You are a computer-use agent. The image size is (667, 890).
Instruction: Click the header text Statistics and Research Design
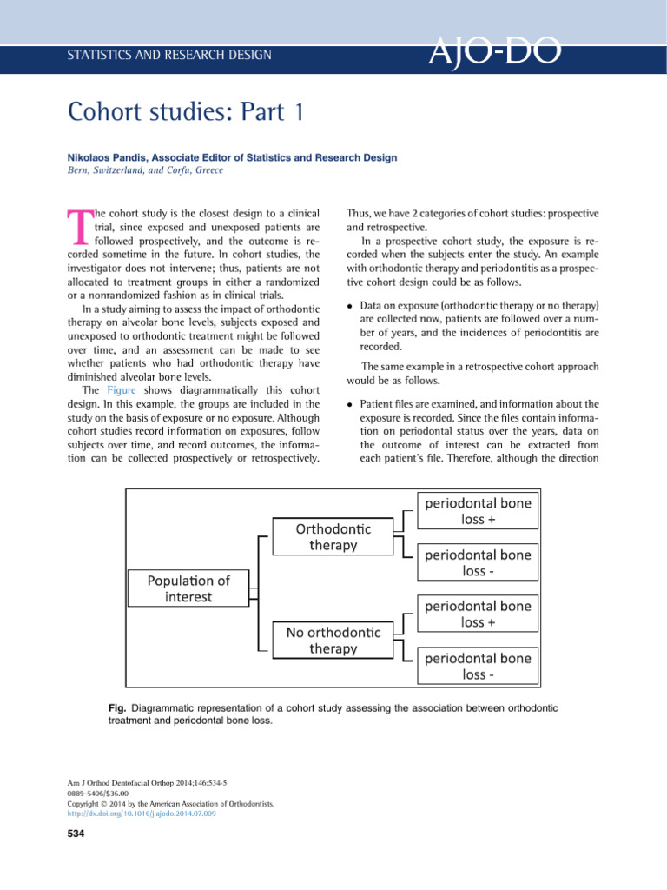(x=169, y=56)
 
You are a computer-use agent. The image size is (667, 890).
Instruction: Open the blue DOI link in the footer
(x=141, y=814)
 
